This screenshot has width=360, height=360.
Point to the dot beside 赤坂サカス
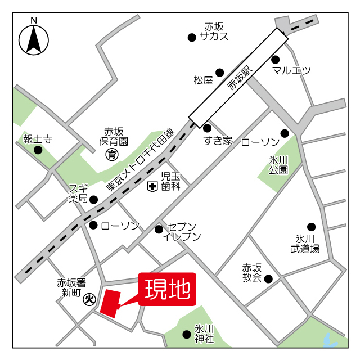[x=192, y=38]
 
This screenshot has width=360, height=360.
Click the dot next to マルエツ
[x=276, y=59]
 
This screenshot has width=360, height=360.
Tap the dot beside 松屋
[x=220, y=72]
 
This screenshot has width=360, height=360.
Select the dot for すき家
[x=207, y=128]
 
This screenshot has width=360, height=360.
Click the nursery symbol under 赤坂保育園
[x=112, y=154]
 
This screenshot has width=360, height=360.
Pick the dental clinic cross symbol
[x=152, y=186]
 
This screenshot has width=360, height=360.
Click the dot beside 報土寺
[x=38, y=150]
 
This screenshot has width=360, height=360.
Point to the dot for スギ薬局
[x=94, y=199]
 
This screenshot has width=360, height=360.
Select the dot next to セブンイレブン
[x=159, y=229]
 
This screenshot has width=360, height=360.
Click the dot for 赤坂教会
[x=268, y=278]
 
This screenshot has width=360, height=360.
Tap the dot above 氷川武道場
[x=312, y=227]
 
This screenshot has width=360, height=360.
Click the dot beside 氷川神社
[x=187, y=334]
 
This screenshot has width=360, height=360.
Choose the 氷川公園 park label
[x=278, y=164]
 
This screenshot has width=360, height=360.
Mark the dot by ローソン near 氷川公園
[x=285, y=133]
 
